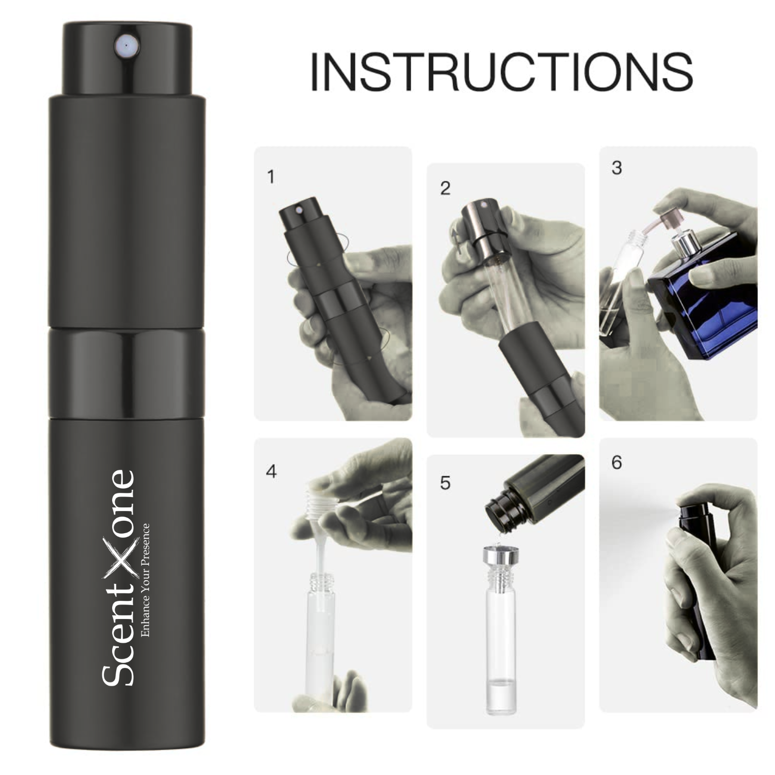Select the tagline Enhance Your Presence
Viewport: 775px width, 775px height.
coord(146,580)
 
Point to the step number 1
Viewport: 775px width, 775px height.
coord(271,177)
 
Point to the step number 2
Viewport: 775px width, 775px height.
coord(445,189)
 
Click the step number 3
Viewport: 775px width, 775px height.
coord(616,168)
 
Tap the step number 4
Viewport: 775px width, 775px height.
coord(271,472)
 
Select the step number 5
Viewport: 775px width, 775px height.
coord(445,483)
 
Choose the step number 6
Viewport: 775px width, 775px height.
coord(616,462)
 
